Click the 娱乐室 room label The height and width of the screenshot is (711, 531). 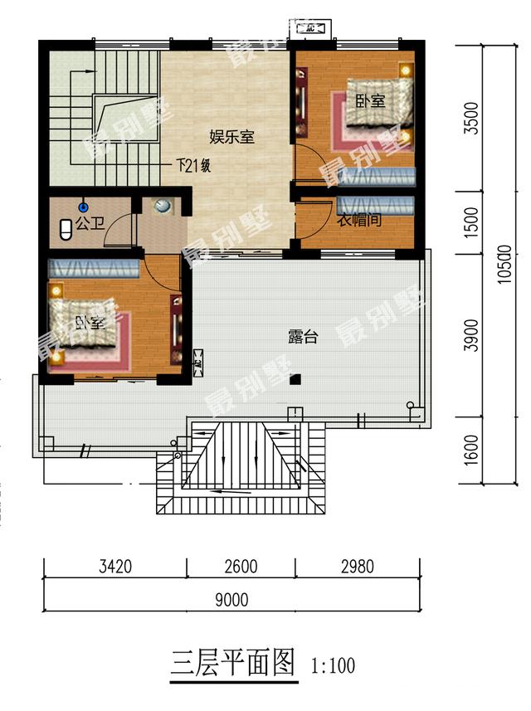231,137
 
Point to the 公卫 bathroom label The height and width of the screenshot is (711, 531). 86,223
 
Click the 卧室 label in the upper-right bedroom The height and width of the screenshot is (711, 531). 370,101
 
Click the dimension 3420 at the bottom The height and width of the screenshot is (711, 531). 116,567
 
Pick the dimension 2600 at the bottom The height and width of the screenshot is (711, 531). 241,567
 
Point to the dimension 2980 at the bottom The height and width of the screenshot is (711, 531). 357,567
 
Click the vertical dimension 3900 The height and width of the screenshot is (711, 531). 471,334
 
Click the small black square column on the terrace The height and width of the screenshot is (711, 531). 294,379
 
